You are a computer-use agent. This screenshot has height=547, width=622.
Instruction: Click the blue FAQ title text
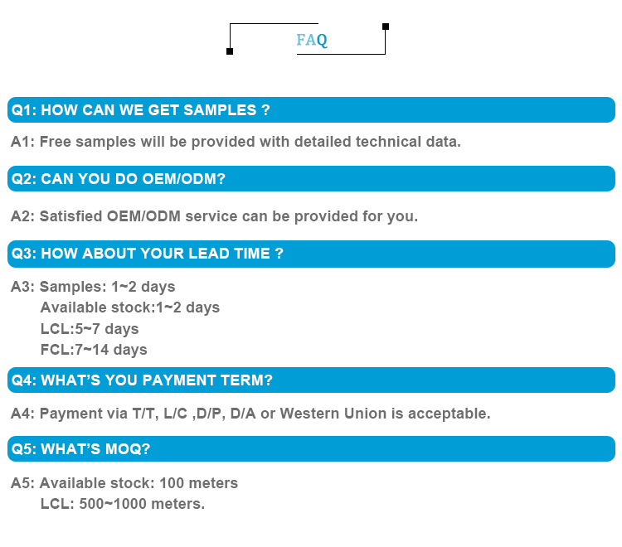(x=312, y=40)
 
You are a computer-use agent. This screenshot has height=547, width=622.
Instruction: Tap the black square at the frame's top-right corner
(x=386, y=27)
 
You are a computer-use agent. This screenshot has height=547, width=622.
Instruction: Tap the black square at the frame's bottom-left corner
(x=230, y=51)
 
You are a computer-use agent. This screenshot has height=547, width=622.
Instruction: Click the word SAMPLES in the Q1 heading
(x=220, y=109)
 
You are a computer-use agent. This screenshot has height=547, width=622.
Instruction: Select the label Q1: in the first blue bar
(x=24, y=109)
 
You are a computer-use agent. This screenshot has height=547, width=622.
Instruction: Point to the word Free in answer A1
(x=55, y=142)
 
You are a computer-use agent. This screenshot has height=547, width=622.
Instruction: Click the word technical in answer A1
(x=388, y=142)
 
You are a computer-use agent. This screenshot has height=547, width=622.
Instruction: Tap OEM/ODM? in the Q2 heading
(x=183, y=179)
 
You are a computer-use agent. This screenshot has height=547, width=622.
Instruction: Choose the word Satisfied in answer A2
(x=71, y=216)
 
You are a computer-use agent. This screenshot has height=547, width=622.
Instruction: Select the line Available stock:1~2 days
(x=130, y=307)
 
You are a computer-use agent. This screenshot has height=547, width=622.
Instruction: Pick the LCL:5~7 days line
(x=90, y=329)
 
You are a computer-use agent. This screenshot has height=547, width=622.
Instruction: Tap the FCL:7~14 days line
(x=94, y=350)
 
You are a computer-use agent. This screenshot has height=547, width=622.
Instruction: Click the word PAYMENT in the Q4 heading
(x=179, y=380)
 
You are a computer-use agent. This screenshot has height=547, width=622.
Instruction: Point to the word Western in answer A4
(x=309, y=414)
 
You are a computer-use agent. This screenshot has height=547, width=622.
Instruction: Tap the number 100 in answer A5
(x=172, y=483)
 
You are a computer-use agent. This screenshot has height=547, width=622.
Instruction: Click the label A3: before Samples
(x=23, y=287)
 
